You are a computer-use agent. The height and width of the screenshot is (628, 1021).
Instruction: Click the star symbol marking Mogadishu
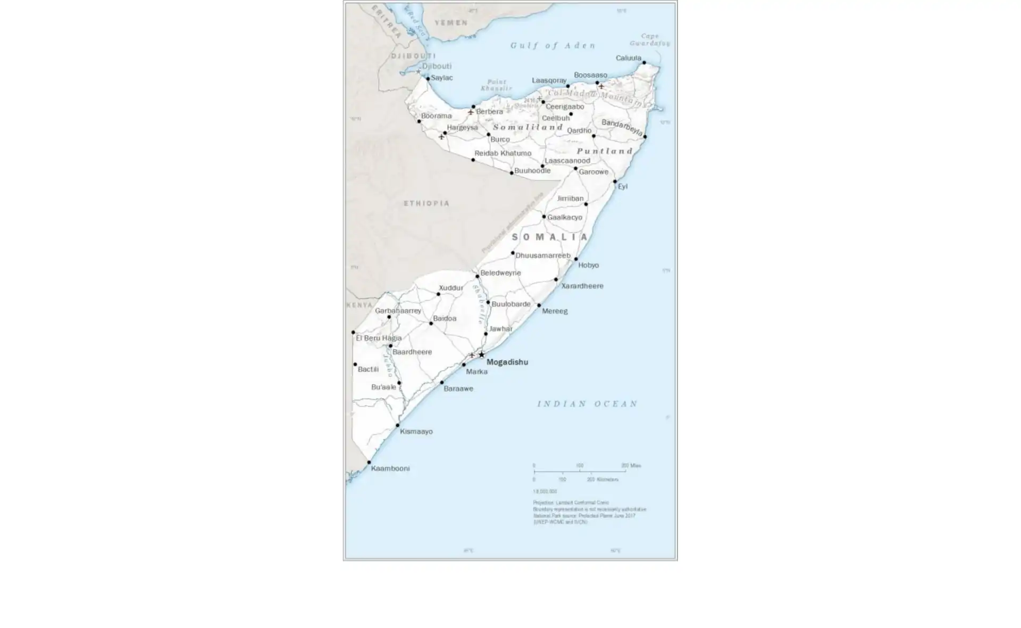click(482, 355)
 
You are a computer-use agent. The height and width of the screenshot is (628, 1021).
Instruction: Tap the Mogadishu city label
click(507, 362)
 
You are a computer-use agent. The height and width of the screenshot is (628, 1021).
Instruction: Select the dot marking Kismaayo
click(398, 426)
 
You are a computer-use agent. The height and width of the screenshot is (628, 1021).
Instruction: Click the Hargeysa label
click(462, 128)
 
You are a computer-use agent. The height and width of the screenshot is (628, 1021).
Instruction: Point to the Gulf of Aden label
click(553, 46)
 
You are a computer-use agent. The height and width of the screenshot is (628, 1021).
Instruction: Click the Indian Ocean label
click(587, 404)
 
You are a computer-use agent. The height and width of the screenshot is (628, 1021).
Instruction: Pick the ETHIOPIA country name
click(426, 203)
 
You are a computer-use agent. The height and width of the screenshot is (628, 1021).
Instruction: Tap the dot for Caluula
click(644, 63)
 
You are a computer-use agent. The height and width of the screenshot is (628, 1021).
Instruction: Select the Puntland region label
click(605, 151)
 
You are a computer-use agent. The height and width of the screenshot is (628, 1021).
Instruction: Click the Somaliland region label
click(528, 128)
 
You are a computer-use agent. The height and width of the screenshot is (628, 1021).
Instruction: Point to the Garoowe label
click(593, 172)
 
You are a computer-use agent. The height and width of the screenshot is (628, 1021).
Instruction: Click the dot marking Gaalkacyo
click(544, 217)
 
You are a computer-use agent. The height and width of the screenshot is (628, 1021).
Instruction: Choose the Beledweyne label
click(500, 273)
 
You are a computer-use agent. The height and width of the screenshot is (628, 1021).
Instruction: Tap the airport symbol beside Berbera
click(471, 112)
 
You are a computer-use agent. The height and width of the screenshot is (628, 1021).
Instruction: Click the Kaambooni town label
click(390, 469)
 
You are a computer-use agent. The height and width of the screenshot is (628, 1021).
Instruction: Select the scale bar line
click(580, 471)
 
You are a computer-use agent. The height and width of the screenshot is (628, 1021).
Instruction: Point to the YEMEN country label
click(451, 23)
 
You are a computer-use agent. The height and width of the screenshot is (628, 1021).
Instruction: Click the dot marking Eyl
click(615, 182)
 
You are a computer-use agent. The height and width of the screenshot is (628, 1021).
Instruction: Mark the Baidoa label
click(445, 319)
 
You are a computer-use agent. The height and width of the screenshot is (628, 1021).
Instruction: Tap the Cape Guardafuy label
click(650, 40)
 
